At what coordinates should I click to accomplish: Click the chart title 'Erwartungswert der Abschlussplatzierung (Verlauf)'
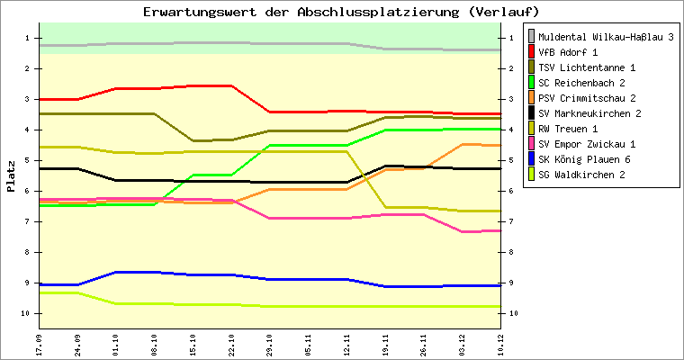pos(341,12)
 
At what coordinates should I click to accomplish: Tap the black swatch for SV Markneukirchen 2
pos(532,113)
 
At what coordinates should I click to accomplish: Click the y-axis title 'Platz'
pos(11,176)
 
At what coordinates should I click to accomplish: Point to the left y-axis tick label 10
pos(29,313)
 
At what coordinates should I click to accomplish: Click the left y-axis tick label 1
pos(31,38)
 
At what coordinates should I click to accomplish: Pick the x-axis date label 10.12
pos(500,344)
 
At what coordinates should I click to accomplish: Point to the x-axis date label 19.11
pos(385,344)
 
